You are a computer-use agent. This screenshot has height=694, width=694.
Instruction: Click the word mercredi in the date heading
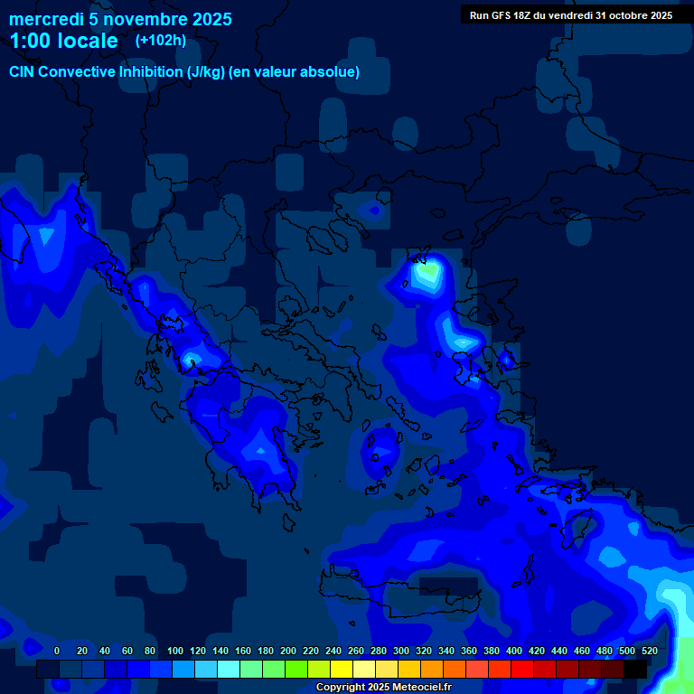(x=45, y=19)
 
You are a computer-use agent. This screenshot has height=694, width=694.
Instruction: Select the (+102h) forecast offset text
(x=161, y=41)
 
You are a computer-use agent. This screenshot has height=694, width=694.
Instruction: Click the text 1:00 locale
(x=63, y=42)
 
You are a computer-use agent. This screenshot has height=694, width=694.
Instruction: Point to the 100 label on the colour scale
(x=175, y=651)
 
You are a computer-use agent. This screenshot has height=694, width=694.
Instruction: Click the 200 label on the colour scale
(x=288, y=651)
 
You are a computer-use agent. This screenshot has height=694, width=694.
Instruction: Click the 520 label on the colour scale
(x=649, y=651)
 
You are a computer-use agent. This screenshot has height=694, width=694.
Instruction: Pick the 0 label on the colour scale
(x=57, y=651)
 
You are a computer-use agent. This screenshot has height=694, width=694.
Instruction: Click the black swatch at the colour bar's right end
(x=635, y=670)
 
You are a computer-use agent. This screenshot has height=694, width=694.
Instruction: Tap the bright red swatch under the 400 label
(x=522, y=670)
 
